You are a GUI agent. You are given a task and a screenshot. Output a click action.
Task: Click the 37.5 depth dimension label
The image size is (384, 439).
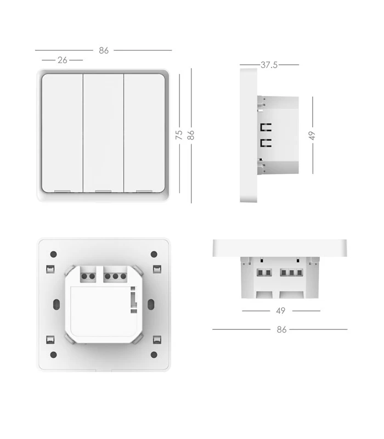click(269, 65)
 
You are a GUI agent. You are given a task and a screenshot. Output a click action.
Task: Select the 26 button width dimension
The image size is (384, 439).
click(62, 60)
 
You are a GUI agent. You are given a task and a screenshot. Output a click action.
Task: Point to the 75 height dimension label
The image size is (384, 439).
click(179, 135)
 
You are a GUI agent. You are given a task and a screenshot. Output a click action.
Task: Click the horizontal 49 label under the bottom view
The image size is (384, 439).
click(280, 311)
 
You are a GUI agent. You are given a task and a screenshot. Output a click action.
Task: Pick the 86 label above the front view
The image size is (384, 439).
click(104, 50)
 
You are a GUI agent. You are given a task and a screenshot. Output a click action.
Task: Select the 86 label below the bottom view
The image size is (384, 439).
click(281, 329)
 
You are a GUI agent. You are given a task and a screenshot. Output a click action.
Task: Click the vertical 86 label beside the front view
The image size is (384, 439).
click(191, 135)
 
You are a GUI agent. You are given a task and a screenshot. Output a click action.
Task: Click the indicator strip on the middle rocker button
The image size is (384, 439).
click(103, 191)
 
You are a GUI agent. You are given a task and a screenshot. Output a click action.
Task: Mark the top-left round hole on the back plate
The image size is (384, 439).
click(53, 254)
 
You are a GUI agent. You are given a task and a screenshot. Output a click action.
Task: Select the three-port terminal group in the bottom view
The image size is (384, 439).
click(291, 273)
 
